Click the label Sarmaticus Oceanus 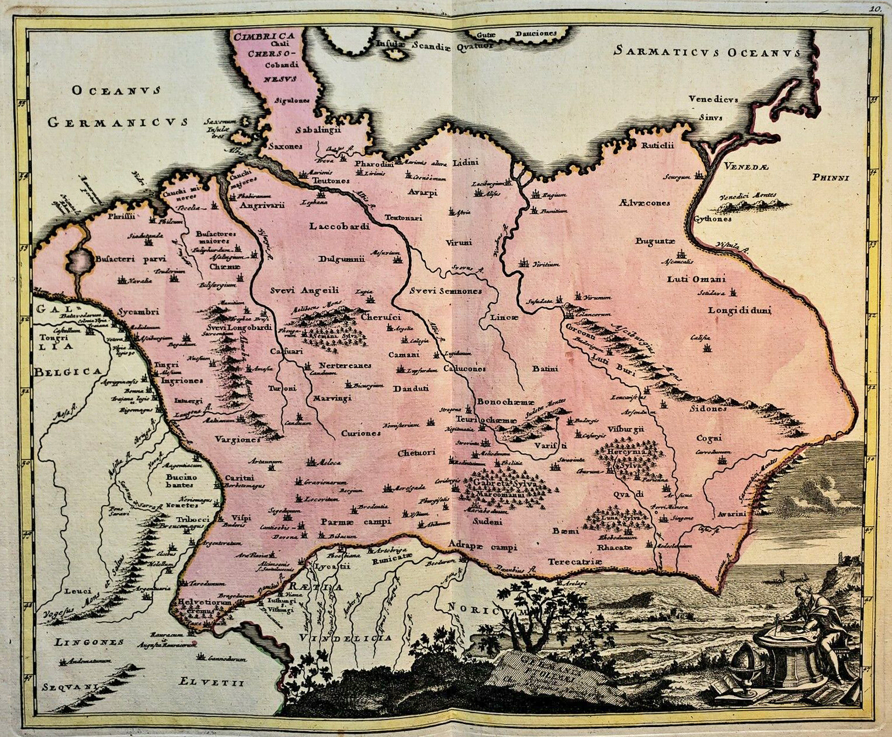click(706, 52)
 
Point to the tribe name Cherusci click(380, 317)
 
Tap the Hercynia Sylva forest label click(627, 457)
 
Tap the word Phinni click(832, 178)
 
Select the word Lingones click(89, 642)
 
